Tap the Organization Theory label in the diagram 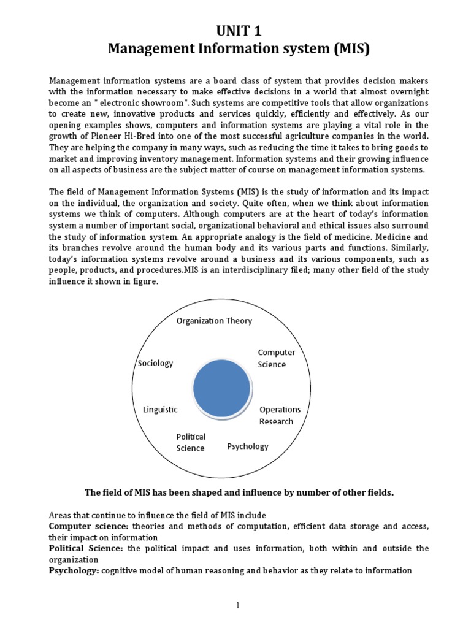pos(214,321)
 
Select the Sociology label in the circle pos(156,363)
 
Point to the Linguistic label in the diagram pos(160,409)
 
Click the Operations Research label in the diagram pos(280,415)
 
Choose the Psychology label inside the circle pos(248,446)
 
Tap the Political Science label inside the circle pos(191,442)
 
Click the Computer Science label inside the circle pos(276,358)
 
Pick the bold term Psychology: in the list pos(74,571)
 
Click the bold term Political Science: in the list pos(86,548)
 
